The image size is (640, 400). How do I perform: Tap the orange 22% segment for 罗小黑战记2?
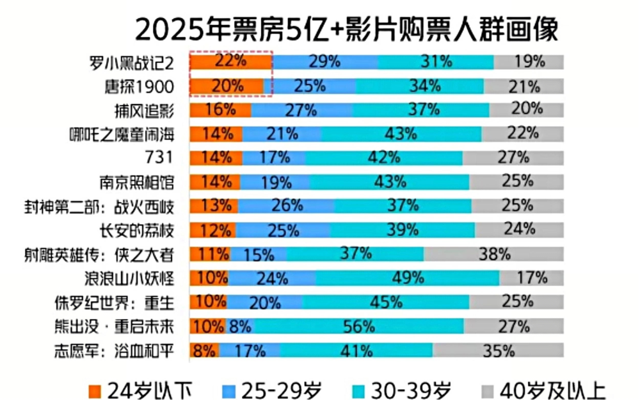(x=232, y=62)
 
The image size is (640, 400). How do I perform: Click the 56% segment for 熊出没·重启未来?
(x=358, y=326)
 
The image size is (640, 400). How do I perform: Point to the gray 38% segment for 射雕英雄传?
(x=493, y=254)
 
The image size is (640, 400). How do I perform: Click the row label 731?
(x=159, y=158)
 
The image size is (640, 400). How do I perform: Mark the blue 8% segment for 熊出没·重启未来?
(x=239, y=326)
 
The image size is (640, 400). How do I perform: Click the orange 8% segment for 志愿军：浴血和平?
(x=205, y=350)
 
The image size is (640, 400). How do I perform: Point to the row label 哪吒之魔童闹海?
(x=121, y=134)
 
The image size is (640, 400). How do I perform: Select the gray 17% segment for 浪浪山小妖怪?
(x=531, y=278)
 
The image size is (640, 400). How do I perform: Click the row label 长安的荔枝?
(x=136, y=230)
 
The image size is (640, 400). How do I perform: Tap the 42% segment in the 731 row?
(x=384, y=158)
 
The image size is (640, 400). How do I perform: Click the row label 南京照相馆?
(x=136, y=182)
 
